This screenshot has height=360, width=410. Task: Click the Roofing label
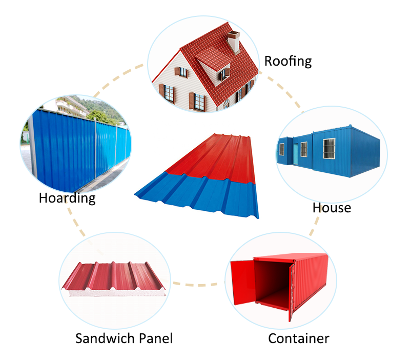288,62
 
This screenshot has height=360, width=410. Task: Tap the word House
332,208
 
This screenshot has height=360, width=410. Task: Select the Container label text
298,338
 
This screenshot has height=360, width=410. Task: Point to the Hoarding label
67,198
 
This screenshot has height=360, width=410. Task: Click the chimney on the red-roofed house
234,41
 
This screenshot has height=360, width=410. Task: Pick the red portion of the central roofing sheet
215,154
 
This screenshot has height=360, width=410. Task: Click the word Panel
155,338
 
